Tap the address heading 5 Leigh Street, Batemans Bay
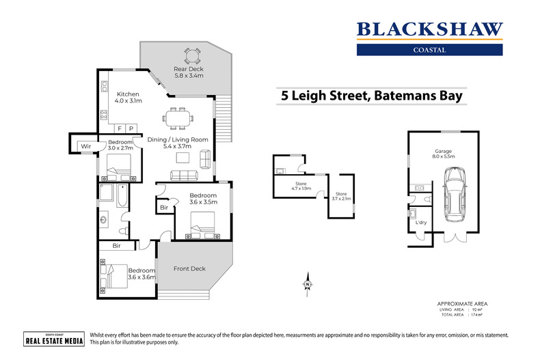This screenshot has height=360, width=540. point(372,96)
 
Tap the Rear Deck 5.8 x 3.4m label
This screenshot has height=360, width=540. point(189,72)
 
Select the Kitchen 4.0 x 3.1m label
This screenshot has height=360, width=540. point(128,98)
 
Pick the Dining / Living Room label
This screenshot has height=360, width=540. point(178,143)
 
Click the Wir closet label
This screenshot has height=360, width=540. point(86,146)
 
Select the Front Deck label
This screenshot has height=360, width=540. point(189,268)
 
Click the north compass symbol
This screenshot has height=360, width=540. point(308,283)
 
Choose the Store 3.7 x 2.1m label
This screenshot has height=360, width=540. point(340,197)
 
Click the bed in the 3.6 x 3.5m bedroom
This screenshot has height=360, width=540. point(203,223)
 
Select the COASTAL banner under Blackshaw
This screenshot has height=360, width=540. point(429,50)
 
